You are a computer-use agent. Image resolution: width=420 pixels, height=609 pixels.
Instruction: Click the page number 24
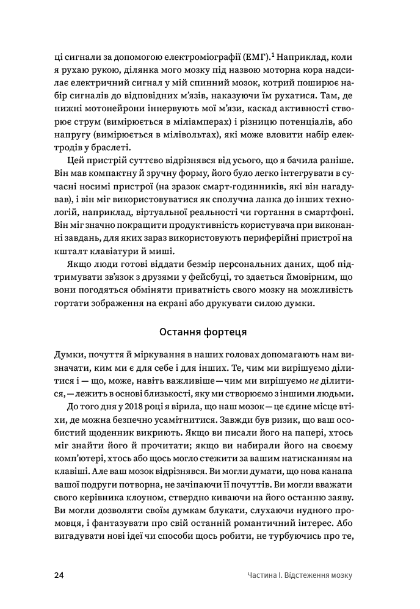(x=59, y=575)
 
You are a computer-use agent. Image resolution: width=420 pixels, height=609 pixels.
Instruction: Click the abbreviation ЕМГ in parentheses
(x=254, y=57)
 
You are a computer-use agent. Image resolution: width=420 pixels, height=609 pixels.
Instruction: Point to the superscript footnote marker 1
(x=272, y=55)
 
